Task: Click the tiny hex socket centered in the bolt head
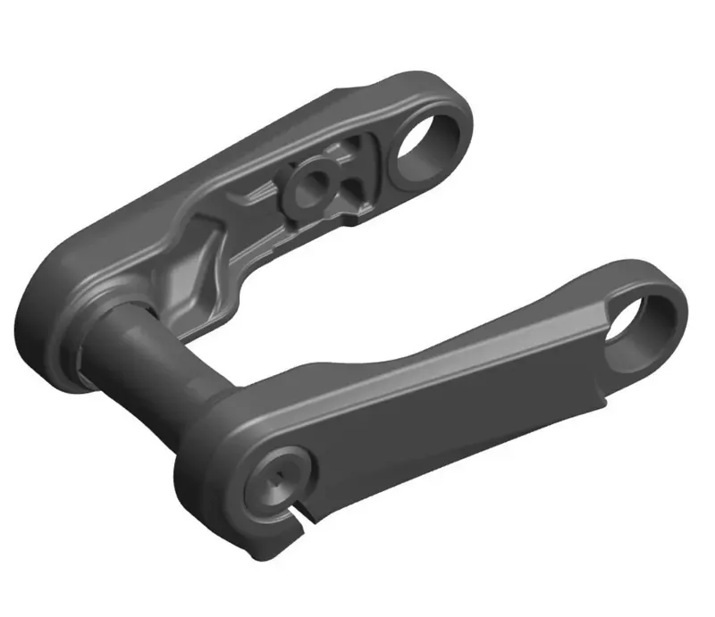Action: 278,479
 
